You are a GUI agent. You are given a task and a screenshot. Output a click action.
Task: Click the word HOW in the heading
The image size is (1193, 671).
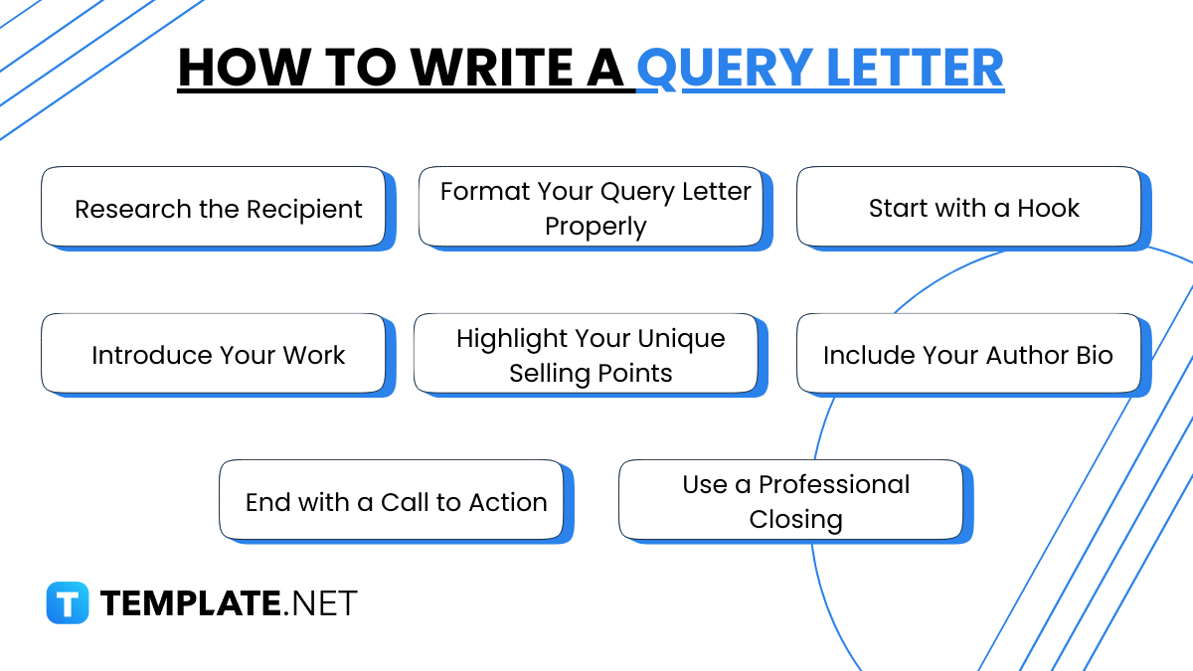point(231,68)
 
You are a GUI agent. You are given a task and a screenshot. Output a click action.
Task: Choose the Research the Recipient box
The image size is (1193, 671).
point(213,207)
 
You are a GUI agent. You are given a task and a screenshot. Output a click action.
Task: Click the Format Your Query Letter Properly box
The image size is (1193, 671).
point(591,207)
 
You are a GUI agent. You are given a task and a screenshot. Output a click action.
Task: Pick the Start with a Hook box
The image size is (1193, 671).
point(968,207)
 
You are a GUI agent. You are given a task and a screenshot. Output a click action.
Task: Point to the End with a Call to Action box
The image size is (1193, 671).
point(392,500)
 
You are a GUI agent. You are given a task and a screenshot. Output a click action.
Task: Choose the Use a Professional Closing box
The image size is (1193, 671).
point(791,500)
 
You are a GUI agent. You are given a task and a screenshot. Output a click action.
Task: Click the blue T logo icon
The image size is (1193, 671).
point(68,602)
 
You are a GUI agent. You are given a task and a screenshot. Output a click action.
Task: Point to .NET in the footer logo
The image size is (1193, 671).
point(321,602)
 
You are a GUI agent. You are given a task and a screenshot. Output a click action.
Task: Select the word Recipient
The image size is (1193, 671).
point(304,211)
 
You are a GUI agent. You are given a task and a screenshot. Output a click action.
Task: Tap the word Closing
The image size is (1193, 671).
point(795,520)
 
